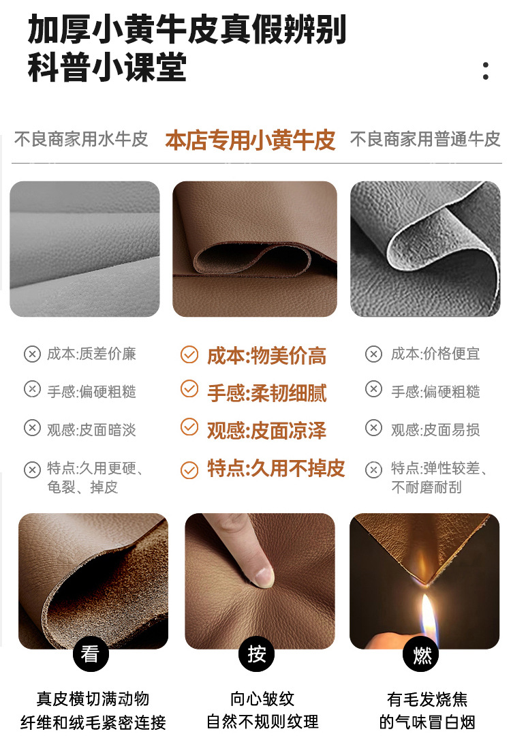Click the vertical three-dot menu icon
coord(485,71)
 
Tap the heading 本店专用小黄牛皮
coord(250,140)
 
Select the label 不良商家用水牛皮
coord(81,140)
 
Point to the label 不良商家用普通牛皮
coord(425,140)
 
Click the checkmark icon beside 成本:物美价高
coord(189,355)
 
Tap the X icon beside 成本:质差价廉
coord(32,354)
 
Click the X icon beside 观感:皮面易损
coord(373,429)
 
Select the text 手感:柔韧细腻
coord(266,393)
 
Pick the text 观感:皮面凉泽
coord(266,430)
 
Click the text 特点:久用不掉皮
coord(276,468)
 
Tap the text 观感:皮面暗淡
coord(91,429)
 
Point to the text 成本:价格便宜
coord(435,354)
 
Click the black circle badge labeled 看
coord(90,654)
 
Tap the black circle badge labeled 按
coord(256,654)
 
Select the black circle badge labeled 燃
coord(422,654)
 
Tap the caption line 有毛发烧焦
coord(427,699)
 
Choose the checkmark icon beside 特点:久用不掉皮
coord(189,470)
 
